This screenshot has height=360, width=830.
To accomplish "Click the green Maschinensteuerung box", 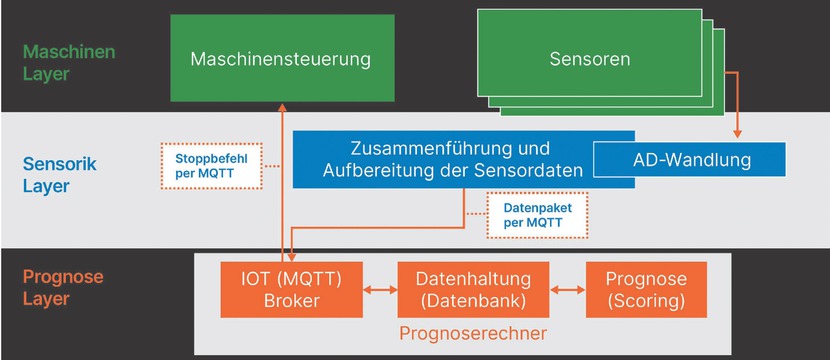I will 280,58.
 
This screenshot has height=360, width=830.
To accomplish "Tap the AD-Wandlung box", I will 692,159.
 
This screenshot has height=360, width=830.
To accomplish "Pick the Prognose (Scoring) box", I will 646,289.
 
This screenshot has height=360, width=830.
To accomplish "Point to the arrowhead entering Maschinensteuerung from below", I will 283,106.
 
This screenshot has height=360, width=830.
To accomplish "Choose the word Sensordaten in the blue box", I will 534,171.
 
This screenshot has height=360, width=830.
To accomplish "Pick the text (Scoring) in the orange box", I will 646,300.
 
